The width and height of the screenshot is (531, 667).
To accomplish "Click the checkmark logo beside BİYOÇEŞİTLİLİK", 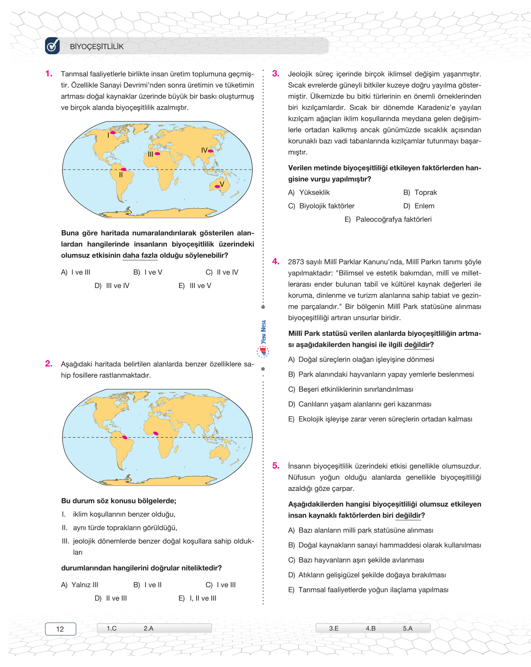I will (x=53, y=46).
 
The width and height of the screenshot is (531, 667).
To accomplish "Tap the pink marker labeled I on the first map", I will (x=113, y=132).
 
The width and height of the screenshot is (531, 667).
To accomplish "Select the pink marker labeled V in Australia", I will (x=217, y=186).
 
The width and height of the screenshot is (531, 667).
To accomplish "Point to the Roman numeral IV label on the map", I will (x=204, y=150).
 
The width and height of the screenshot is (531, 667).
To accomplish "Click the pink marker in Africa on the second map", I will (x=156, y=433).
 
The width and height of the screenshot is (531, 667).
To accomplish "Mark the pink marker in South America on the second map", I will (x=125, y=438).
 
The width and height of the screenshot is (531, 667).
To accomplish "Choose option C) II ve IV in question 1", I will (x=222, y=272).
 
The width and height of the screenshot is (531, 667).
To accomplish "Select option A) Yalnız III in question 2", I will (x=80, y=585).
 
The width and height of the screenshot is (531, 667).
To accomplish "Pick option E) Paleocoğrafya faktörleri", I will (x=388, y=219).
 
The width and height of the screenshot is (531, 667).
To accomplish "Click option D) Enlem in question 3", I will (x=419, y=206).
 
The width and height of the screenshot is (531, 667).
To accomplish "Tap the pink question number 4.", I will (x=276, y=262).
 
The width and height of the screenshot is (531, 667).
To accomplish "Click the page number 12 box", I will (x=60, y=629).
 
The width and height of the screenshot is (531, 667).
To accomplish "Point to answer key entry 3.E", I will (x=334, y=628).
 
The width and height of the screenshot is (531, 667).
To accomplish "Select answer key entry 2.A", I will (x=148, y=628).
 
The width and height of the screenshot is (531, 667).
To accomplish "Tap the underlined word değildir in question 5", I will (x=408, y=515).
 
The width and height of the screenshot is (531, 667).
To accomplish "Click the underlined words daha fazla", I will (x=140, y=255).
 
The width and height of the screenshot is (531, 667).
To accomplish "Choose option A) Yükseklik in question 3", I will (x=309, y=193).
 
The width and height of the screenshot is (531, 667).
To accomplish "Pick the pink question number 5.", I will (x=276, y=466).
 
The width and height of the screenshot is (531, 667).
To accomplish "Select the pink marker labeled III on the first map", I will (x=157, y=154).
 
